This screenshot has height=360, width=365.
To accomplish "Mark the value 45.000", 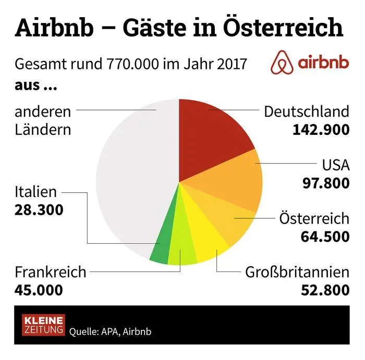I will click(x=39, y=290).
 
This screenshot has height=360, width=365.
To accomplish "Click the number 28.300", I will click(x=39, y=209).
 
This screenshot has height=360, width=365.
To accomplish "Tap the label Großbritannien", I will click(x=297, y=272).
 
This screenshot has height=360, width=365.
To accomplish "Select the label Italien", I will click(x=35, y=192).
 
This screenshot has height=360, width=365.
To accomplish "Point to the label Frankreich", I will click(x=50, y=272).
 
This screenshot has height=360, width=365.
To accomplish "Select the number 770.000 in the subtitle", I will click(x=132, y=66).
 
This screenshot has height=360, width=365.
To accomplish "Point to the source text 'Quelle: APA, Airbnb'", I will click(x=111, y=331).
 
